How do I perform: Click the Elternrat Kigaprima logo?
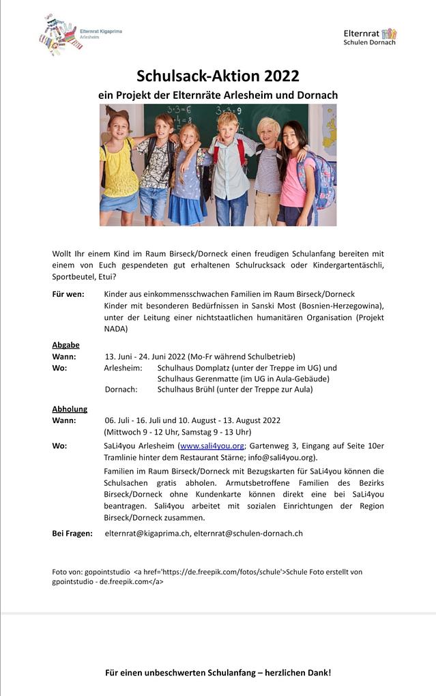coord(80,35)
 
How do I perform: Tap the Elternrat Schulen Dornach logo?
coord(370,37)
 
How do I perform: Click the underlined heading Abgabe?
coord(66,345)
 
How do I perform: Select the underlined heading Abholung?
coord(70,409)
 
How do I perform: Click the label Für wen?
coord(68,293)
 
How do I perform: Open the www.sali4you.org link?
coord(212,446)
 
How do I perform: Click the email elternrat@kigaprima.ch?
coord(147,533)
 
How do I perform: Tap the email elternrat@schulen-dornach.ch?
coord(248,533)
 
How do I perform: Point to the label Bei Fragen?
coord(72,533)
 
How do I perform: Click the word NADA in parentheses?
coord(115,329)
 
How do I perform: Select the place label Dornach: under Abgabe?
coord(121,389)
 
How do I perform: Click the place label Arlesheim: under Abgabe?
coord(123,367)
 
